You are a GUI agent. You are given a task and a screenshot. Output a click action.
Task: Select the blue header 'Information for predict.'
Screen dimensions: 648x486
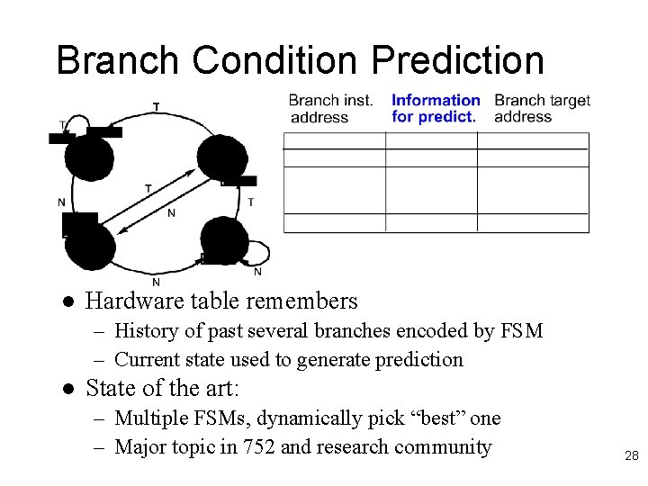tap(436, 109)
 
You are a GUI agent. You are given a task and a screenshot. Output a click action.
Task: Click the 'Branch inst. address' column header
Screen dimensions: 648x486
tap(330, 109)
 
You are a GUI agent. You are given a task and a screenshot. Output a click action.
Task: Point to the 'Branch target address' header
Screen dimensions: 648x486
tap(542, 109)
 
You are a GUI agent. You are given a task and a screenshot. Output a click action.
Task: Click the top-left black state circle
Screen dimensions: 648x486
tap(89, 157)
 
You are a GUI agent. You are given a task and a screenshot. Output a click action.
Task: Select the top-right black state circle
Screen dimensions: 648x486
tap(222, 157)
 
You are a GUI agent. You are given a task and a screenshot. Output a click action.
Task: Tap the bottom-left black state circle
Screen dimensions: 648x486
tap(90, 246)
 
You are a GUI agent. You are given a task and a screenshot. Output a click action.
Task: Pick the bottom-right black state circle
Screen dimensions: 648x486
tap(223, 241)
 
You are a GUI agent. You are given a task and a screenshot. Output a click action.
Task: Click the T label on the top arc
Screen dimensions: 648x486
tap(157, 107)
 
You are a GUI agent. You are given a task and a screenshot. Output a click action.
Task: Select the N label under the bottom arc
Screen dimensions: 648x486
tap(156, 282)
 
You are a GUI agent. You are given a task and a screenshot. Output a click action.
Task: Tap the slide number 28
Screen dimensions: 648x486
tap(631, 456)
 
